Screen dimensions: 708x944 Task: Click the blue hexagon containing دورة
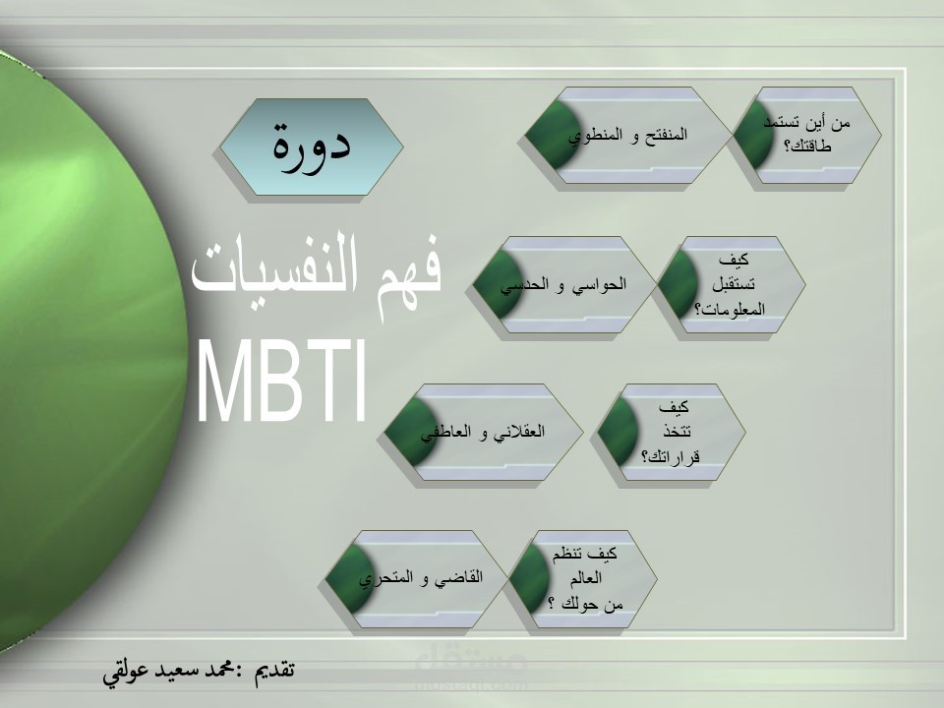(x=310, y=146)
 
